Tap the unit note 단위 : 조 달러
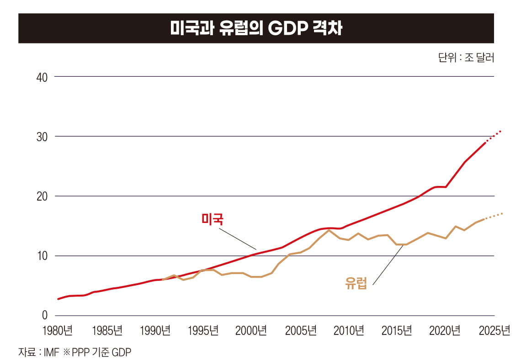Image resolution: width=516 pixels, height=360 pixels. [466, 58]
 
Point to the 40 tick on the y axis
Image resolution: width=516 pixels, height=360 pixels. [42, 77]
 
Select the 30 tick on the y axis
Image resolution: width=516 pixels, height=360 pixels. [42, 137]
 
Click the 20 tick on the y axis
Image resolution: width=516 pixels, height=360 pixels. [42, 196]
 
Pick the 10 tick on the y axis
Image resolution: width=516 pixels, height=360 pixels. [42, 256]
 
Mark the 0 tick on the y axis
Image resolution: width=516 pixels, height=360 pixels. [44, 316]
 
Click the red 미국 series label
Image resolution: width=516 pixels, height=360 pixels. [213, 219]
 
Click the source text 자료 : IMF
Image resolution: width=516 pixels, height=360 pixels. [39, 352]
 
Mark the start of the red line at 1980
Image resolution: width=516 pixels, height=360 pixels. [58, 299]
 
